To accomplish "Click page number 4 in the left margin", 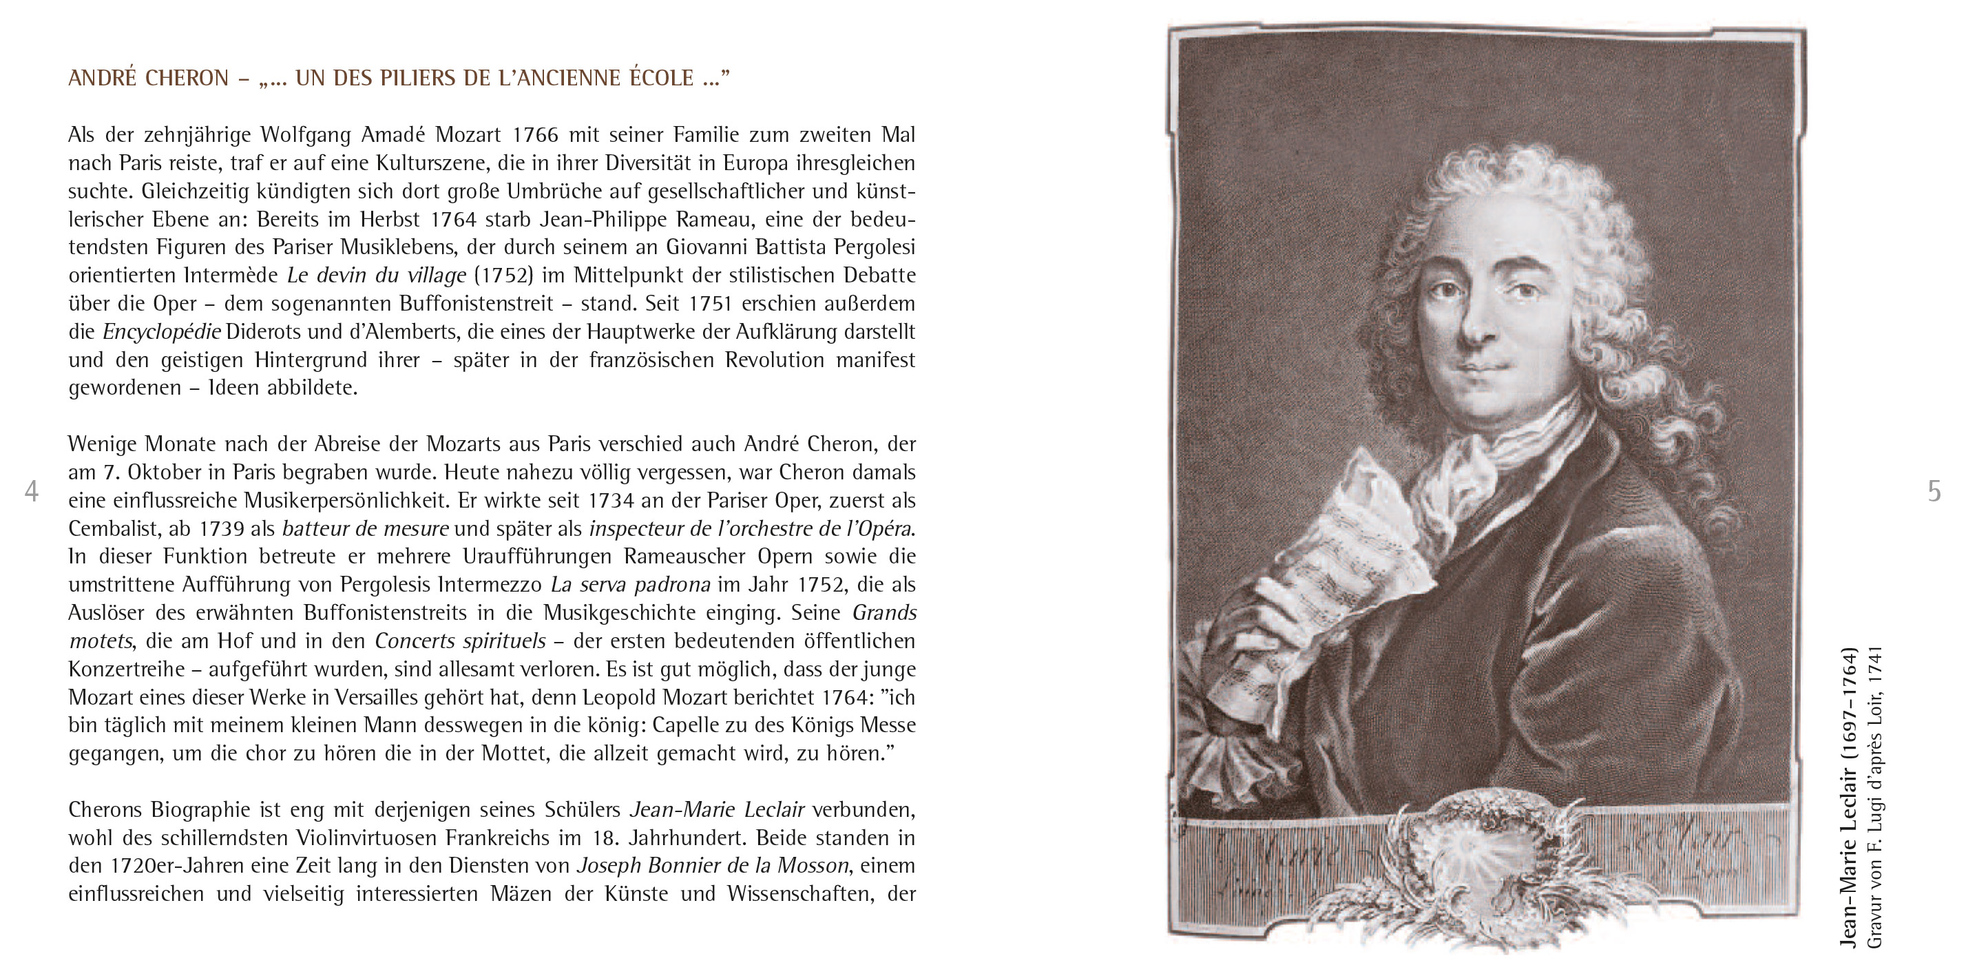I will [x=31, y=490].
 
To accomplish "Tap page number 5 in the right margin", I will [x=1934, y=490].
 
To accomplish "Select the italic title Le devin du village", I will [x=376, y=275].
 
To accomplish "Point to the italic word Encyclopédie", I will [x=162, y=332].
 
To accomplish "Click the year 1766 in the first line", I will [x=535, y=134].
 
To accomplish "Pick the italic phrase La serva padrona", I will [x=630, y=585].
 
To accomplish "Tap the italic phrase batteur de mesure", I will [x=365, y=528].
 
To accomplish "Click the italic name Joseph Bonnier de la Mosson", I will [x=712, y=865].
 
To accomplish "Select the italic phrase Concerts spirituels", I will [x=460, y=641].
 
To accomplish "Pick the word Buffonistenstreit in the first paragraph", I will [x=477, y=304].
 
